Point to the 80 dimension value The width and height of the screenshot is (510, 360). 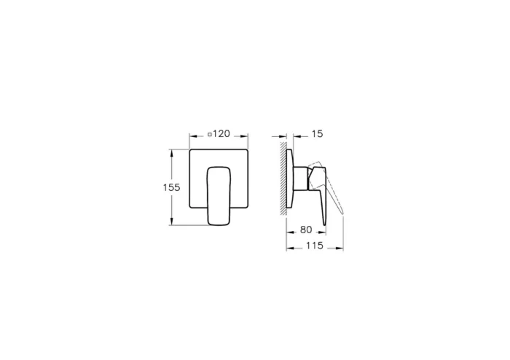(306, 230)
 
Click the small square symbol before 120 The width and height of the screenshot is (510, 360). (210, 135)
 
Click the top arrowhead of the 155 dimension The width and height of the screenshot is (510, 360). (173, 152)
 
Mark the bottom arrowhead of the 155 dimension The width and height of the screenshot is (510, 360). (173, 222)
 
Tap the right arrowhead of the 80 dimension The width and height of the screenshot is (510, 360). (323, 230)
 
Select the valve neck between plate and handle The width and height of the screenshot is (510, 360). (300, 177)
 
